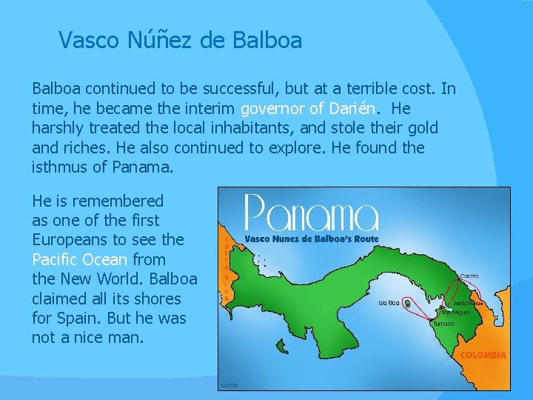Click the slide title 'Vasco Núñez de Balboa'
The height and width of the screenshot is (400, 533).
(x=180, y=40)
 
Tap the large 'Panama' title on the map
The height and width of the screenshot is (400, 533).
(x=311, y=213)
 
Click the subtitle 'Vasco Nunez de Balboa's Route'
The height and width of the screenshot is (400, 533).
(x=311, y=239)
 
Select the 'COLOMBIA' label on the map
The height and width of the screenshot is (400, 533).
(x=483, y=356)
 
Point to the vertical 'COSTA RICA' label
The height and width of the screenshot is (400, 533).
(x=226, y=267)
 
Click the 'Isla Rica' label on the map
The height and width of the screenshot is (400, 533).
(x=389, y=303)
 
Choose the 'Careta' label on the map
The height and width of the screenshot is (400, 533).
(x=469, y=276)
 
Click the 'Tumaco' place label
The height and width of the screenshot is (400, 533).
(x=444, y=324)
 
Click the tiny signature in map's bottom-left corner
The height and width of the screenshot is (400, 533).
(x=229, y=385)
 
